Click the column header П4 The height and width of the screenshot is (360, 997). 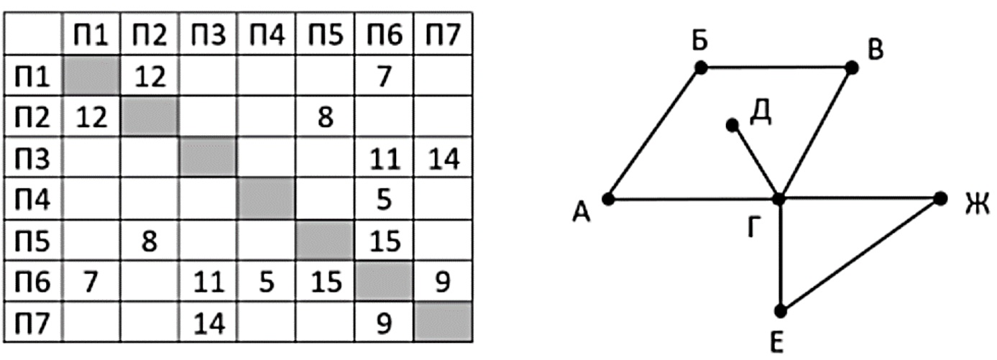coord(267,34)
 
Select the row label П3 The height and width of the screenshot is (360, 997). coord(32,158)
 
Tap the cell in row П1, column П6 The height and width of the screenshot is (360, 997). coord(384,75)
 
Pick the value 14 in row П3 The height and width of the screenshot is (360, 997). coord(443,159)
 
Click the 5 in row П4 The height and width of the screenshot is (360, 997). coord(384,199)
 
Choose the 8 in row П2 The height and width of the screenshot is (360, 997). coord(326,117)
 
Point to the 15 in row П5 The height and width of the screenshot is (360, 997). coord(385,241)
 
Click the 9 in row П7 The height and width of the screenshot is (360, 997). coord(384,323)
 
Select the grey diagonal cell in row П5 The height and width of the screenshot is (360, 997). coord(325,241)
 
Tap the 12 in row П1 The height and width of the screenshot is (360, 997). coord(150,76)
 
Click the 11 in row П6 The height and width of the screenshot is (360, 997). coord(208,282)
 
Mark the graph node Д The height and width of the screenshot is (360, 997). coord(732,126)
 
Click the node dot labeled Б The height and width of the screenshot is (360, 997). coord(701,68)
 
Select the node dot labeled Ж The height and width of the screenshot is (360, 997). coord(940,198)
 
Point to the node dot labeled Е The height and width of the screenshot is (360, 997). coord(781,311)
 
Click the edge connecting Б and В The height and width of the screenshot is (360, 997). coord(776,68)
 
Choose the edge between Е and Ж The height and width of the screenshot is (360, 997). coord(860,254)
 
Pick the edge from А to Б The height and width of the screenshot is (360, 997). coord(654,134)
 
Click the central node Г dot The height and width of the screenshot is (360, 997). coord(779,198)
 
